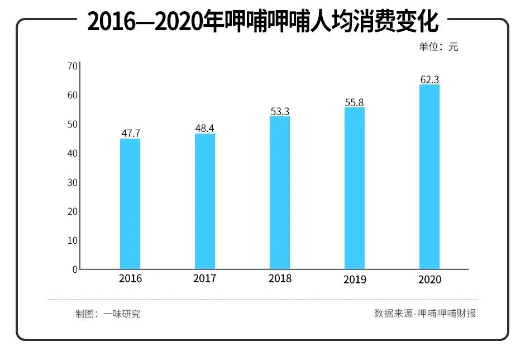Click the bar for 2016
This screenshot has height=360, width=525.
tap(130, 204)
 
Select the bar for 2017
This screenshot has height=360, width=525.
tap(205, 201)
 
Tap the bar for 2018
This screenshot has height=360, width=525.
tap(280, 193)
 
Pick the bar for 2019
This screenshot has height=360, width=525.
tap(355, 188)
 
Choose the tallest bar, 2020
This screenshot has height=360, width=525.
tap(429, 177)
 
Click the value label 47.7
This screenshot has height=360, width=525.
tap(131, 133)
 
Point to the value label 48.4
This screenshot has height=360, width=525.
tap(204, 128)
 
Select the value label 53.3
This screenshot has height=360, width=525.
tap(280, 111)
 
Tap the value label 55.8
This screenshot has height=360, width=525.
tap(355, 102)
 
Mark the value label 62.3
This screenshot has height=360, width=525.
tap(429, 80)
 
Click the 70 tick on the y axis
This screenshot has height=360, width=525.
tap(72, 66)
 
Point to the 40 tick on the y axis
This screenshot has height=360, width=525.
tap(72, 153)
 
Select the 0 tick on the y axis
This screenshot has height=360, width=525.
tap(74, 269)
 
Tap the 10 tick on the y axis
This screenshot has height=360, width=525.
tap(72, 240)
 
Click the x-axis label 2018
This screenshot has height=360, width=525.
tap(280, 278)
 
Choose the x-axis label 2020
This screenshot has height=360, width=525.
tap(429, 280)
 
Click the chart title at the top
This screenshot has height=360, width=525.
tap(262, 22)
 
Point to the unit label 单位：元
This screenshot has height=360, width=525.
tap(438, 47)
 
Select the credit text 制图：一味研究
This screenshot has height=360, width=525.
tap(108, 314)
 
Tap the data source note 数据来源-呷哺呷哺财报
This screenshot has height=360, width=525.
tap(425, 313)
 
